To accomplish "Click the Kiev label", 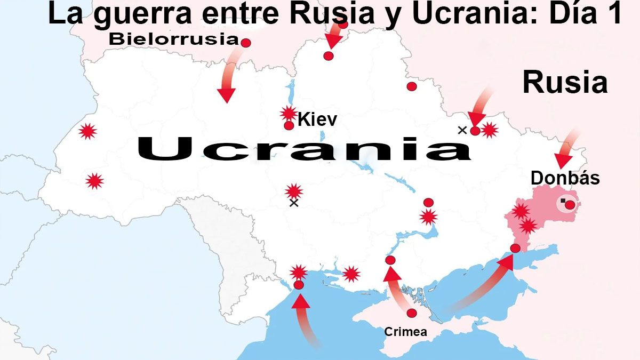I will click(x=317, y=119).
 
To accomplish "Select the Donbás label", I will click(x=565, y=178).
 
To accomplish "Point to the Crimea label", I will click(x=405, y=332).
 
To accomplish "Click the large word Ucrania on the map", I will click(x=304, y=149).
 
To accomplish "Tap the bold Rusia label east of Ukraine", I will click(x=565, y=83).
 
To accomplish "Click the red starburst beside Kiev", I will click(x=289, y=113).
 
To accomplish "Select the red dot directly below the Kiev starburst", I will click(x=289, y=126).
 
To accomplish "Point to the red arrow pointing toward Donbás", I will click(x=566, y=149).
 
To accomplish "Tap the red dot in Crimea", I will click(x=412, y=313).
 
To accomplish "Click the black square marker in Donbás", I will click(x=563, y=201).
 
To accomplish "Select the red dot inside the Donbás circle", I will click(x=570, y=205).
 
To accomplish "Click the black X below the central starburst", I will click(x=293, y=203).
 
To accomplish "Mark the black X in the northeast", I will click(x=462, y=130).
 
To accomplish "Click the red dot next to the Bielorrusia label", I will click(x=246, y=43).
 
